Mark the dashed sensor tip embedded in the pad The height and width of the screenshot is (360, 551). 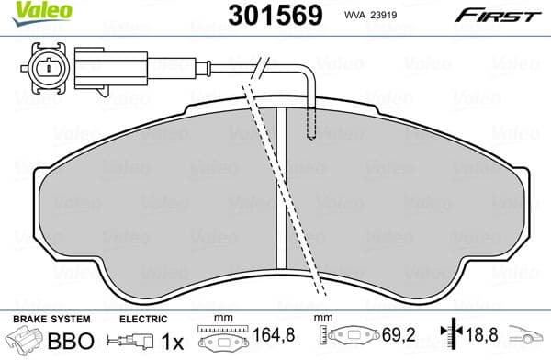pos(313,119)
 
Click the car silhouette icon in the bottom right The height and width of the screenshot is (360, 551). pos(527,340)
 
